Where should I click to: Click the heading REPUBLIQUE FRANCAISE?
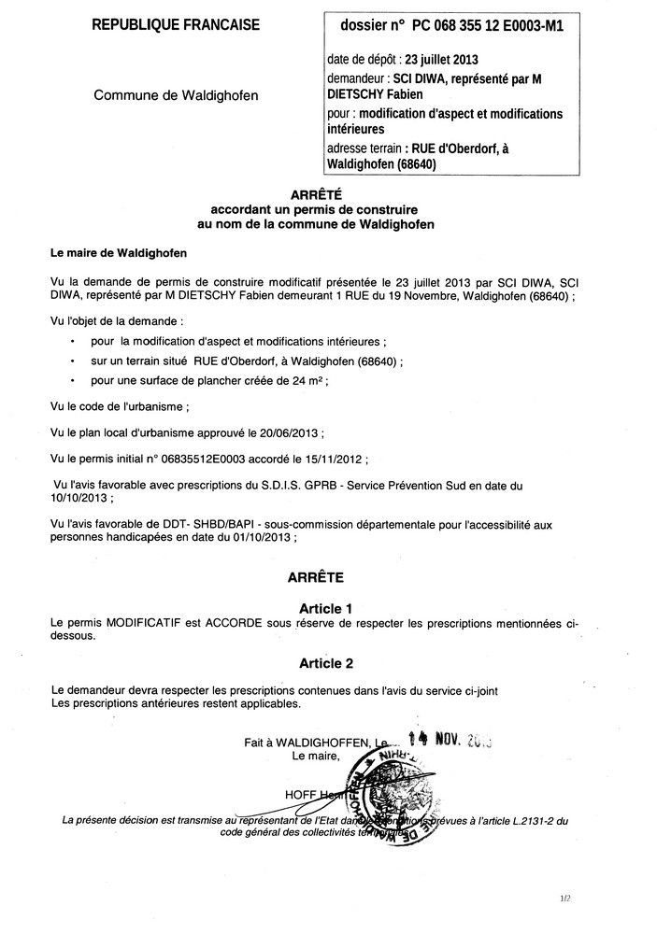pos(176,26)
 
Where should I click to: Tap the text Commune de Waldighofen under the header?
pos(176,95)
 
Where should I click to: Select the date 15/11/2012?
pos(334,460)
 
